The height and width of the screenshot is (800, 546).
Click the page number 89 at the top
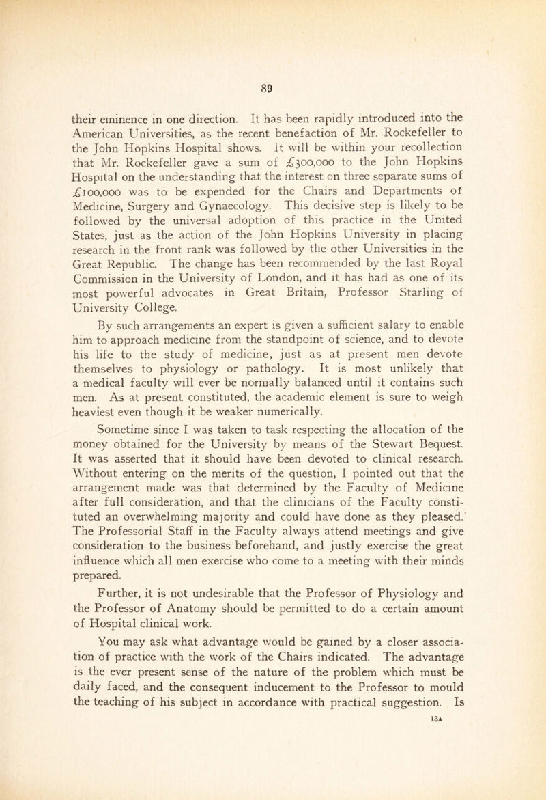(272, 68)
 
